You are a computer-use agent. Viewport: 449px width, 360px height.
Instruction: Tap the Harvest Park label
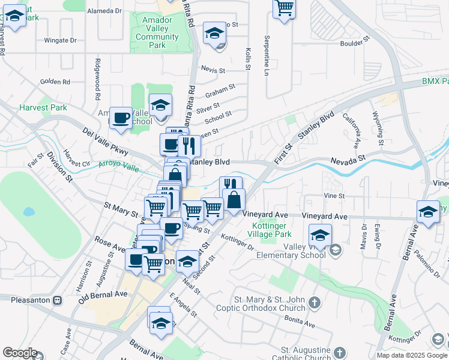pyautogui.click(x=43, y=107)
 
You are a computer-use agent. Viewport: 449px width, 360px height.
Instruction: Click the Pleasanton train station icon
pyautogui.click(x=58, y=299)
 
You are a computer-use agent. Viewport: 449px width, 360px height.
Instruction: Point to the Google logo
pyautogui.click(x=20, y=352)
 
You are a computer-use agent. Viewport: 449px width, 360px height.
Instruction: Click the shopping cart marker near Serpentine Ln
pyautogui.click(x=284, y=8)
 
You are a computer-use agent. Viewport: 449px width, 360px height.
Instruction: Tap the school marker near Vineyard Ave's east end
pyautogui.click(x=428, y=212)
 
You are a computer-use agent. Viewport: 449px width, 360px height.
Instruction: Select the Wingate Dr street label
pyautogui.click(x=61, y=41)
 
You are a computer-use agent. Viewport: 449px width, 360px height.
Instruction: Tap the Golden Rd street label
pyautogui.click(x=55, y=82)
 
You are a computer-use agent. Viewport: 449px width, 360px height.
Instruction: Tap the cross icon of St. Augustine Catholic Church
pyautogui.click(x=339, y=353)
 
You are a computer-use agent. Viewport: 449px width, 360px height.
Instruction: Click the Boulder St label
pyautogui.click(x=352, y=43)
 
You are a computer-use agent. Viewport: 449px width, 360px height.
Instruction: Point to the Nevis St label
pyautogui.click(x=213, y=70)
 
